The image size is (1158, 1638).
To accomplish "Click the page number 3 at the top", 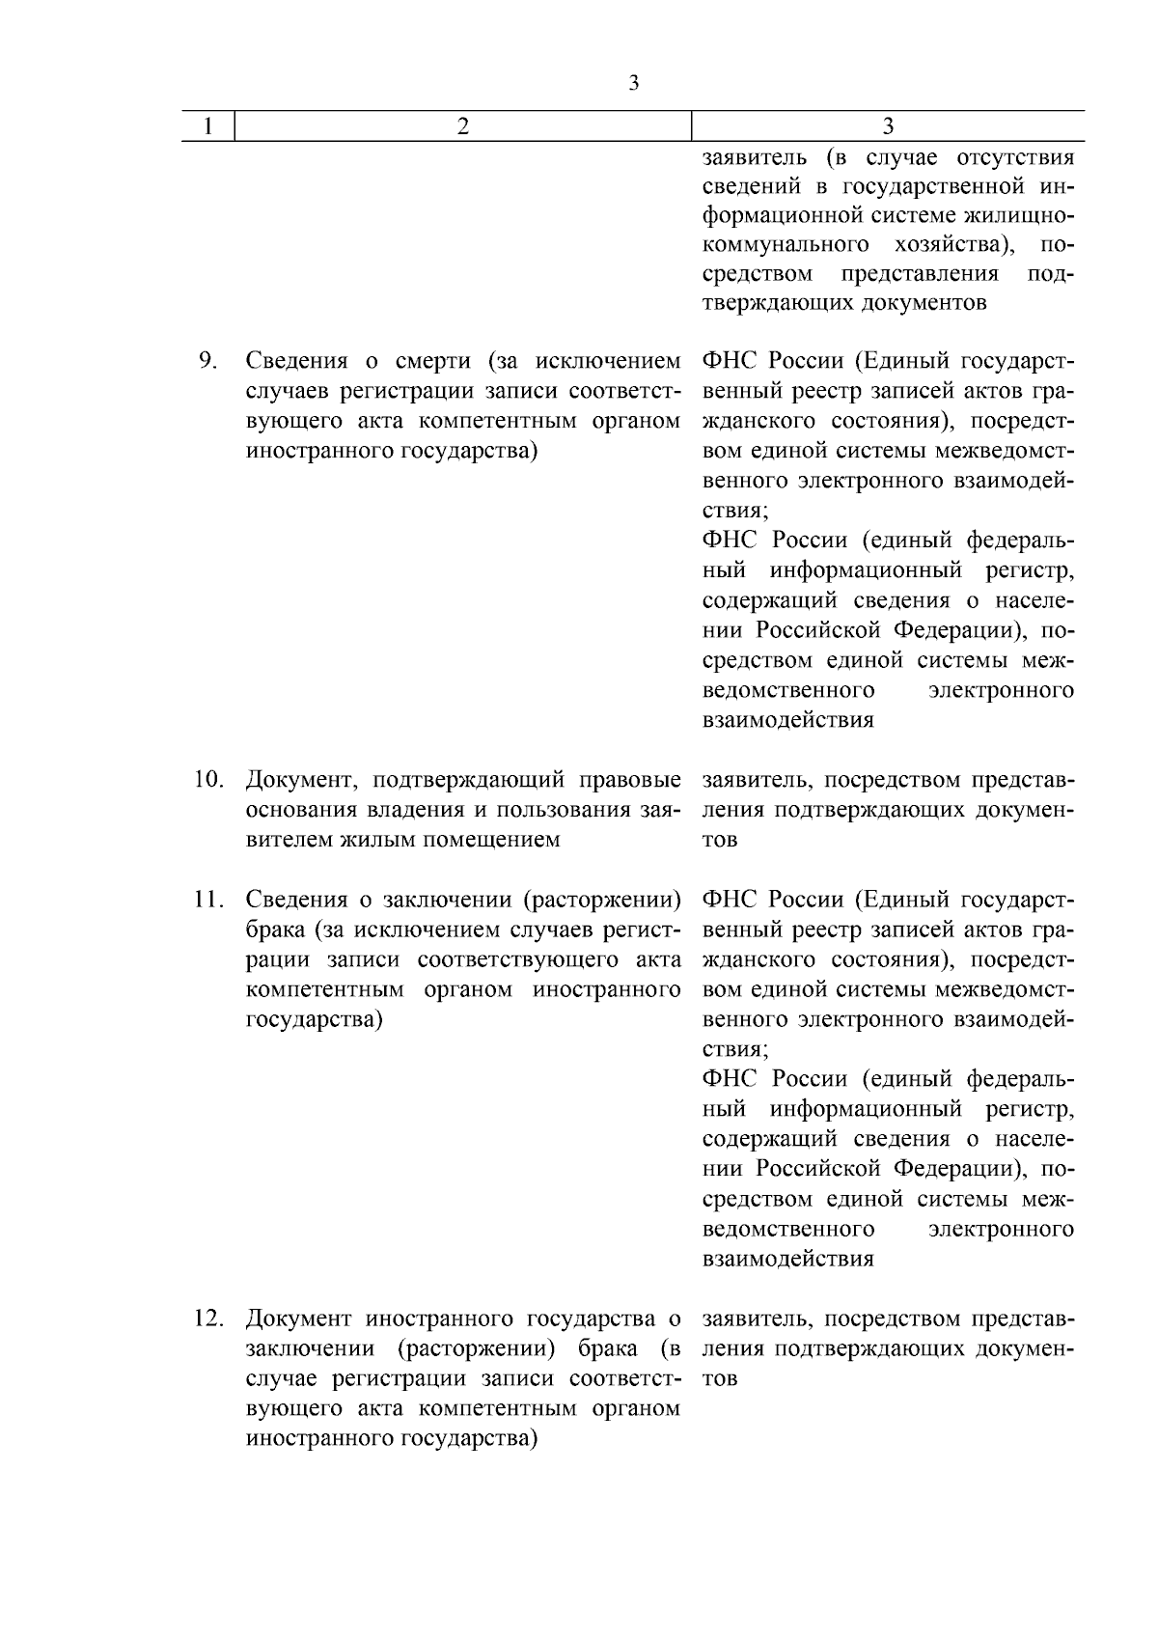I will [x=634, y=83].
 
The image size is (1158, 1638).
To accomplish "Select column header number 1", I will [x=208, y=126].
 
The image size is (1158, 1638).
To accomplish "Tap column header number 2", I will [x=463, y=126].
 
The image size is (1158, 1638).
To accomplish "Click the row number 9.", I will [x=207, y=361].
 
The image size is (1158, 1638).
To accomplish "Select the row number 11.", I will [x=208, y=900].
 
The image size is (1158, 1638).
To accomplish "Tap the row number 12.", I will [x=208, y=1319].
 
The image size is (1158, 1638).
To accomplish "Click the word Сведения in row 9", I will [x=296, y=362].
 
